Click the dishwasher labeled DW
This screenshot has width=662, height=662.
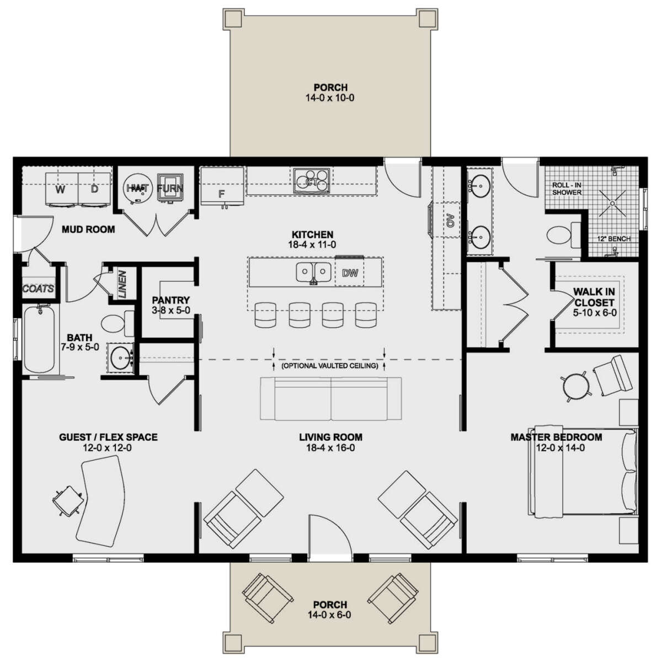point(350,273)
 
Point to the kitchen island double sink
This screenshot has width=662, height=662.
point(313,272)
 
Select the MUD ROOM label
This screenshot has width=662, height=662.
point(88,229)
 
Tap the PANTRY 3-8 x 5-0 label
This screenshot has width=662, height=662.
point(171,305)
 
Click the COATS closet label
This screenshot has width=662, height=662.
point(39,289)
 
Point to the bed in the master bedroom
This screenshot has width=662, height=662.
point(583,472)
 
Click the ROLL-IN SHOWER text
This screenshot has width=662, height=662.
point(567,189)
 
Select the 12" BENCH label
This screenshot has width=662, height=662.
point(614,239)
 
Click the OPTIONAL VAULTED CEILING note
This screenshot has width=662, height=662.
point(329,366)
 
